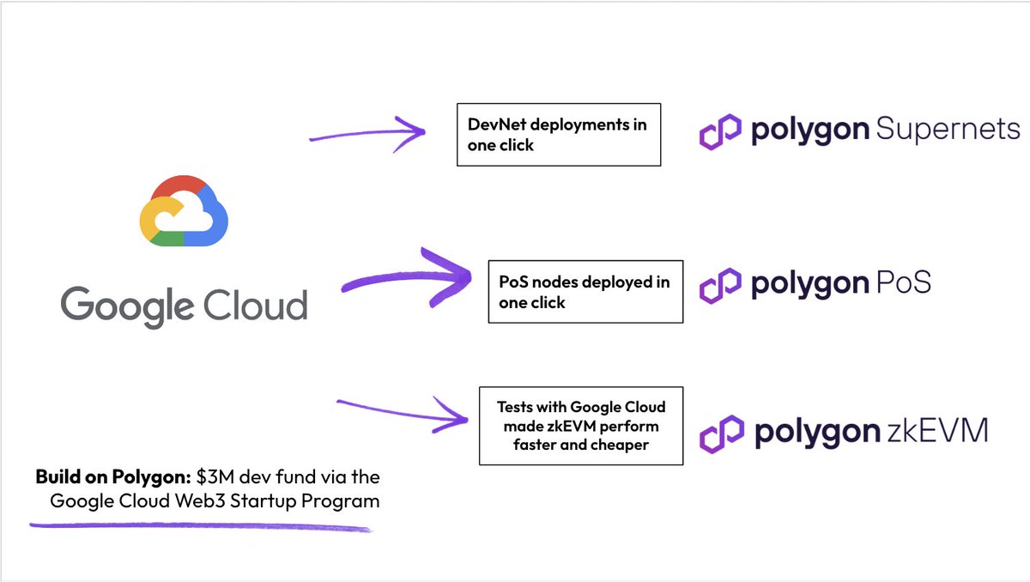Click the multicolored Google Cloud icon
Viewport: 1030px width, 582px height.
point(184,211)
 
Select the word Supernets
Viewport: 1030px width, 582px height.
point(948,130)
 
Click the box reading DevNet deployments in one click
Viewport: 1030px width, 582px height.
point(559,135)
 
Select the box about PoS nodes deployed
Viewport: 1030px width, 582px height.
point(585,292)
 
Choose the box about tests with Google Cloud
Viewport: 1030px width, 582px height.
point(581,426)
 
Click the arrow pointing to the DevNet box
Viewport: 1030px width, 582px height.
point(369,132)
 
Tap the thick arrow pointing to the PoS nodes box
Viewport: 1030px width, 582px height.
point(408,276)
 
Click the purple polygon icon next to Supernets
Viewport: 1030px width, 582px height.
point(720,131)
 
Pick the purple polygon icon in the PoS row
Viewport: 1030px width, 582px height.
point(720,285)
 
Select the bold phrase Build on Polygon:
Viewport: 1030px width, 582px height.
point(112,476)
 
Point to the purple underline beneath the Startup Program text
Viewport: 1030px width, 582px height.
point(202,524)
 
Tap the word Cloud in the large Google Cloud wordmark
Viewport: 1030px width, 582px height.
point(255,305)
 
